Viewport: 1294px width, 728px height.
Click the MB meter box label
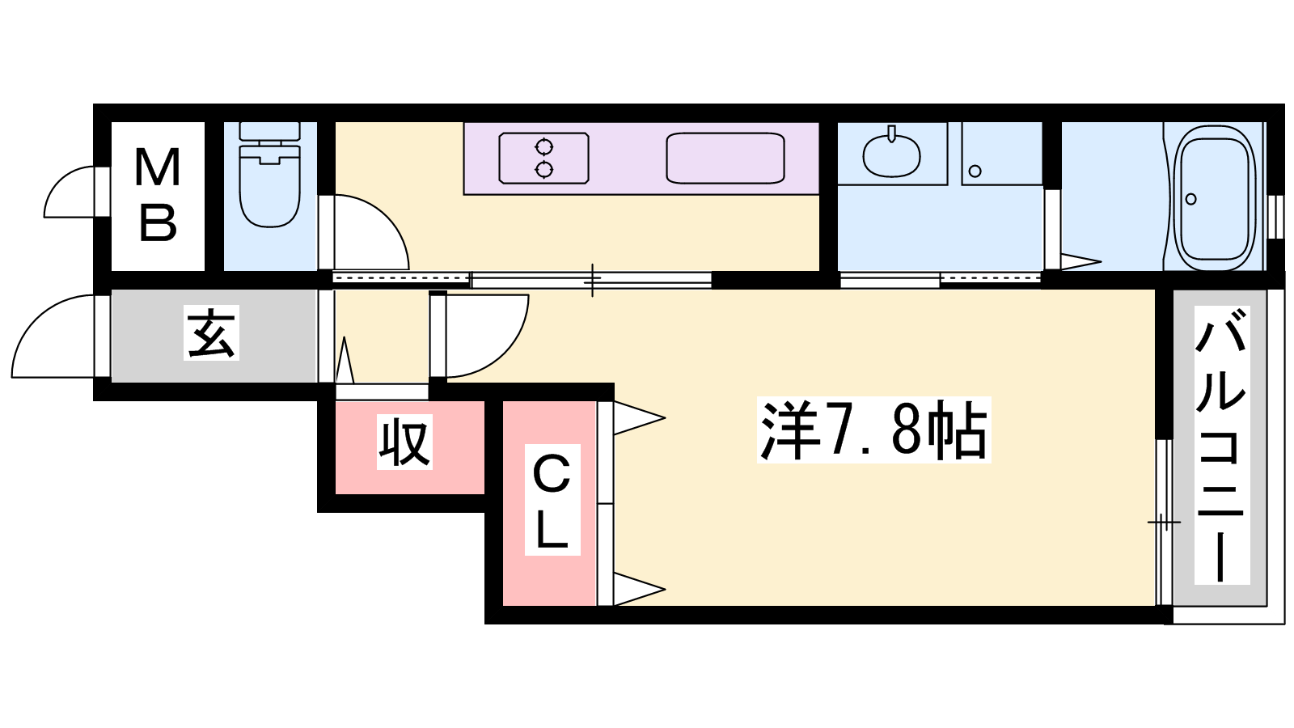pos(158,195)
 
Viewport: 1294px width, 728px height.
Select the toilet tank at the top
pos(270,131)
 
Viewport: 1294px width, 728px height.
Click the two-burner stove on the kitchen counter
pos(543,158)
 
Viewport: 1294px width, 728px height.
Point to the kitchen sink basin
pos(725,158)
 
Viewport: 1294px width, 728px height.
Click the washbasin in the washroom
pos(891,155)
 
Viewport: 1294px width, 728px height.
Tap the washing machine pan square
pos(1002,154)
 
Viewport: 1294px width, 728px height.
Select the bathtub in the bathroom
pos(1214,197)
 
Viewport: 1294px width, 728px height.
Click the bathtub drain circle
pos(1190,199)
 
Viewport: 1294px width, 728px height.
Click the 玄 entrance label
pos(211,332)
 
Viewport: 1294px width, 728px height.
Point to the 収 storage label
pos(404,442)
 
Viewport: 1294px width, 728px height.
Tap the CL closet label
pos(552,500)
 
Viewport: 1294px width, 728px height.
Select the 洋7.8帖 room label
pos(873,430)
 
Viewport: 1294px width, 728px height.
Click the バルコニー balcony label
pos(1221,446)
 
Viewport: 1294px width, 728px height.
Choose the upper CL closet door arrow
pos(639,418)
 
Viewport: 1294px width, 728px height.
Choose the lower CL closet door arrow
pos(639,589)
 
